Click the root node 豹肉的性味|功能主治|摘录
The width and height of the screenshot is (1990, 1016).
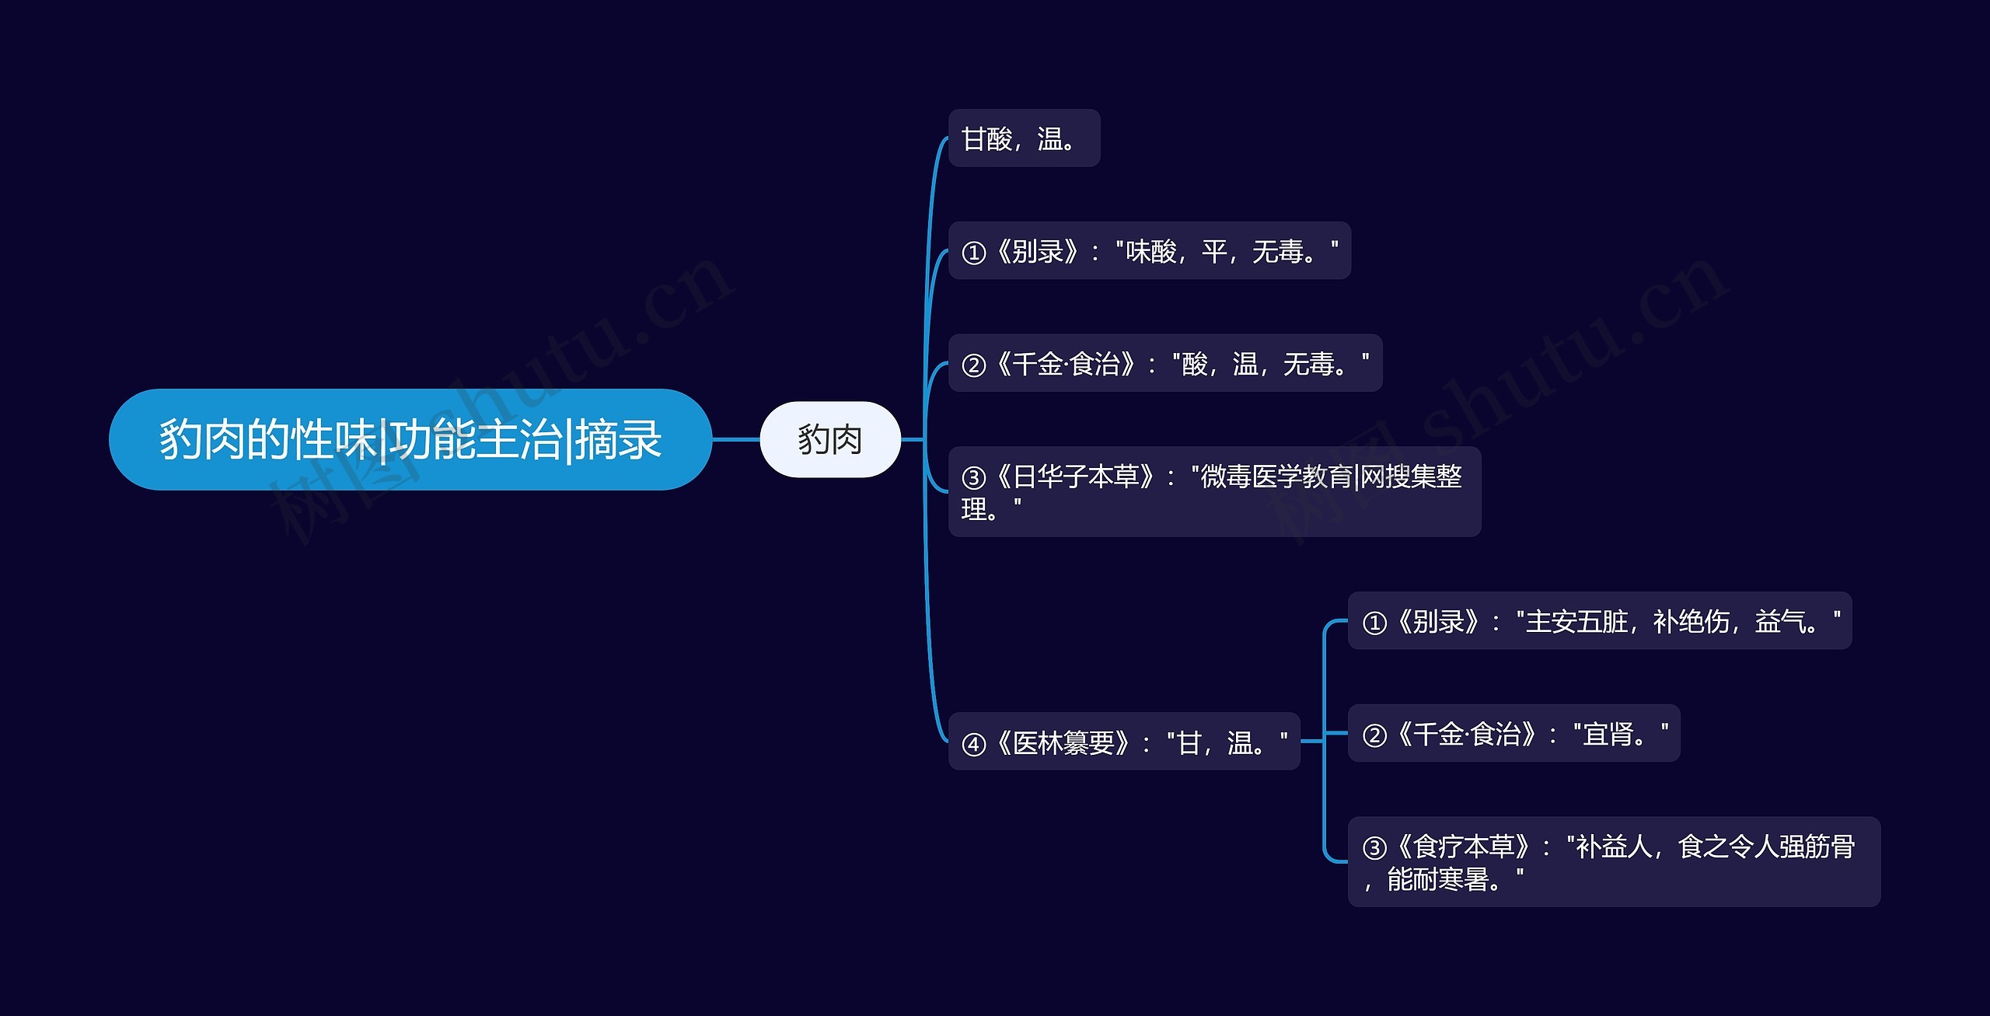tap(410, 439)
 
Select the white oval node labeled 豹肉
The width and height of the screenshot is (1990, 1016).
tap(829, 439)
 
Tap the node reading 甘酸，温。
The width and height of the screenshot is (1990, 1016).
tap(1023, 138)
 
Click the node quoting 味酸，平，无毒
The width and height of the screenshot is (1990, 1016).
tap(1149, 251)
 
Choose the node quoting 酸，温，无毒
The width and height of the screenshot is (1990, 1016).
tap(1164, 363)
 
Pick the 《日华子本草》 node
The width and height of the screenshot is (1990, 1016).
tap(1213, 491)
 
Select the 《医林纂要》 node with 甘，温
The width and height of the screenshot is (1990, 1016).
tap(1123, 742)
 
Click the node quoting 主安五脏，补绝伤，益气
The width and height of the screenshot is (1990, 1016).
tap(1599, 621)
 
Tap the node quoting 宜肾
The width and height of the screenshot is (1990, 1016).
tap(1513, 733)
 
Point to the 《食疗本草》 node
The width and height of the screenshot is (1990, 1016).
tap(1613, 861)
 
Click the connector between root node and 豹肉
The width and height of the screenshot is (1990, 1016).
tap(735, 439)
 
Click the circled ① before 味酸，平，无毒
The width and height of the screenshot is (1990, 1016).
tap(973, 253)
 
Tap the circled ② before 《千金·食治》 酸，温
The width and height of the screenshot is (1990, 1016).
tap(973, 365)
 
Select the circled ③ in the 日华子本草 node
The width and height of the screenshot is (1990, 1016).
tap(973, 477)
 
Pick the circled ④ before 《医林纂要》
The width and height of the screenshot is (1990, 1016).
tap(973, 745)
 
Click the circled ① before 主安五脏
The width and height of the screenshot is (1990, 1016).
tap(1374, 623)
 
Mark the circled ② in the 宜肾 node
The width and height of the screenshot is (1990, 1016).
tap(1374, 735)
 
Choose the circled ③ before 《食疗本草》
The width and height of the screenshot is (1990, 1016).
tap(1374, 847)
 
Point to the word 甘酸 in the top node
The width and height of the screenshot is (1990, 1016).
tap(986, 139)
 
